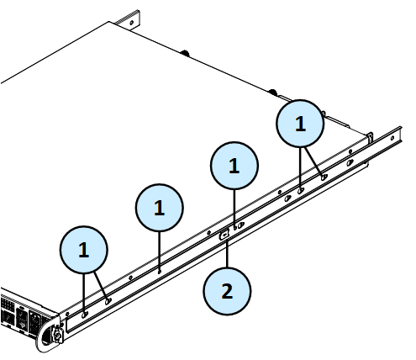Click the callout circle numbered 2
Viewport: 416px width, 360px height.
click(x=227, y=291)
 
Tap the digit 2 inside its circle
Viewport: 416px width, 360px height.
click(x=227, y=291)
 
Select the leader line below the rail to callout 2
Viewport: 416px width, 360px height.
click(x=227, y=253)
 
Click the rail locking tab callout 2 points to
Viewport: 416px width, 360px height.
click(x=224, y=235)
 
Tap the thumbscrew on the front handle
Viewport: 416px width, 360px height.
click(x=57, y=334)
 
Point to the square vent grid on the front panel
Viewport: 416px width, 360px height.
click(x=8, y=304)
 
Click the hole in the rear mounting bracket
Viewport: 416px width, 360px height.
click(x=131, y=23)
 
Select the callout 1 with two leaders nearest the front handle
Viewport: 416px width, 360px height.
click(x=83, y=250)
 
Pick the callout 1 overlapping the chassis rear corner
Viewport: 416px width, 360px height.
click(x=300, y=124)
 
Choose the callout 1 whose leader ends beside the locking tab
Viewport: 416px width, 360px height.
click(x=234, y=166)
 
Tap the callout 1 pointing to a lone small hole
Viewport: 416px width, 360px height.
click(x=159, y=208)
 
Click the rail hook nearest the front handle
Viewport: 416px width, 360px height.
click(x=84, y=315)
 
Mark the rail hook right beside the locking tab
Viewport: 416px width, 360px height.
click(x=240, y=225)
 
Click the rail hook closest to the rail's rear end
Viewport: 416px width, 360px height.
click(x=350, y=162)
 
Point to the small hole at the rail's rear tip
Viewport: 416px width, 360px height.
click(x=392, y=138)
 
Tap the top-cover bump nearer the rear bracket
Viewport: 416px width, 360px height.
click(x=185, y=53)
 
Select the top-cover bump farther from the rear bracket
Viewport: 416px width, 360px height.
click(x=272, y=92)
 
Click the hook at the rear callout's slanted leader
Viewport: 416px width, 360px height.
click(x=324, y=177)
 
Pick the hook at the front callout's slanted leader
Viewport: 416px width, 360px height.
click(x=108, y=301)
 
